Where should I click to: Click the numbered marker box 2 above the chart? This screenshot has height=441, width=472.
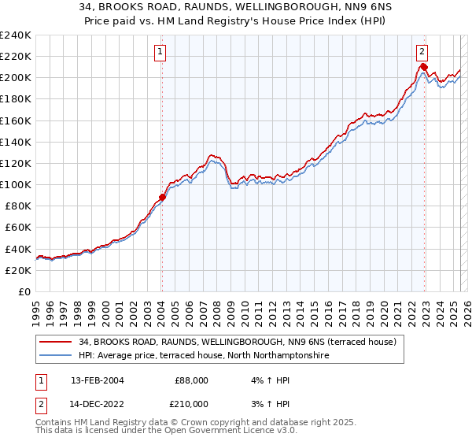422,52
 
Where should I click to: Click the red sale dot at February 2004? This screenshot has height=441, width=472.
162,197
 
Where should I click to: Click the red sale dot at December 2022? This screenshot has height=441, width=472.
424,66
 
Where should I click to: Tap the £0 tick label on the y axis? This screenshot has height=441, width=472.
24,291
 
